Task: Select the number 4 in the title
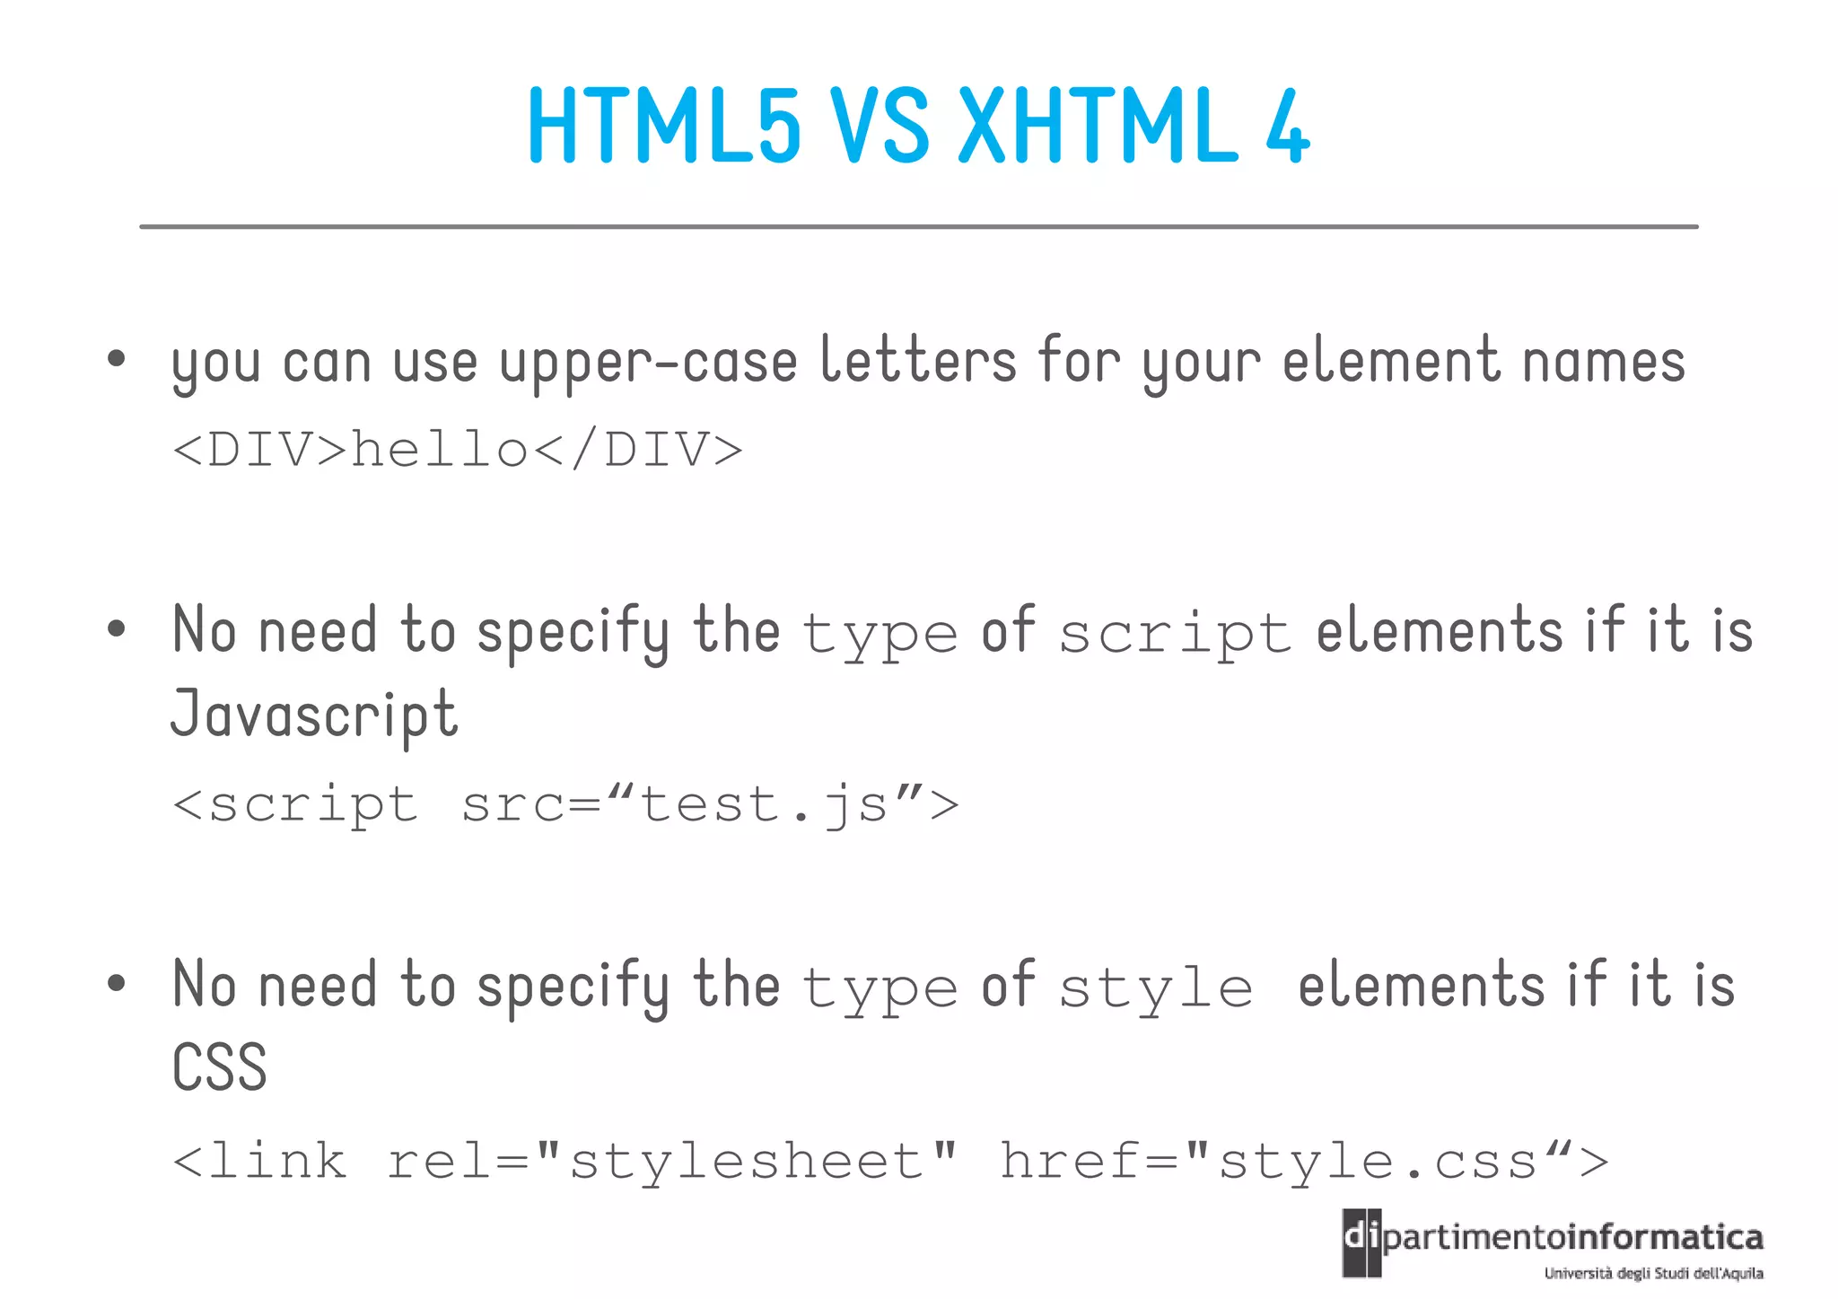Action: pyautogui.click(x=1288, y=127)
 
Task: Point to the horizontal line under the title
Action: pyautogui.click(x=919, y=227)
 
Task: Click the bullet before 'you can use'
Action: pyautogui.click(x=116, y=360)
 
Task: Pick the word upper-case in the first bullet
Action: pyautogui.click(x=648, y=364)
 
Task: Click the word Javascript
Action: pyautogui.click(x=314, y=715)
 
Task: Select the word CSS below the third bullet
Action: pyautogui.click(x=220, y=1067)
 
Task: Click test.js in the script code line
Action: pyautogui.click(x=764, y=804)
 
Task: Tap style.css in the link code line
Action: pyautogui.click(x=1378, y=1162)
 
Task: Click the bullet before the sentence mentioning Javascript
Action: pyautogui.click(x=116, y=629)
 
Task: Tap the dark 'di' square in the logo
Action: pyautogui.click(x=1361, y=1242)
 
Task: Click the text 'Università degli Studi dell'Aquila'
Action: pyautogui.click(x=1653, y=1273)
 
